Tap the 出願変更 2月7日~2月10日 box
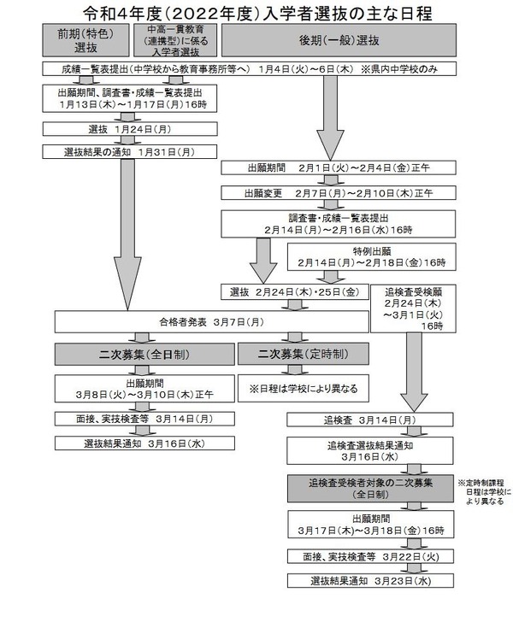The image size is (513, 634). (329, 192)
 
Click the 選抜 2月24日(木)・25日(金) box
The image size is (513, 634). (293, 292)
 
